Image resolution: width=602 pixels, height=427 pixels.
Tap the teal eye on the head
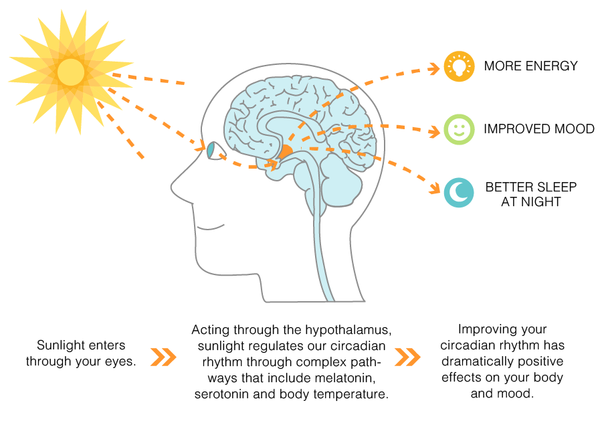(x=212, y=151)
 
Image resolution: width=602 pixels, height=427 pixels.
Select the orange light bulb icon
(x=459, y=66)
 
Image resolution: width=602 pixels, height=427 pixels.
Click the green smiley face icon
(x=459, y=129)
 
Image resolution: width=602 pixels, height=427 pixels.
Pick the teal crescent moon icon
(x=459, y=192)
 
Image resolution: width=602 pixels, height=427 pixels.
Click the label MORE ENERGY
(x=530, y=66)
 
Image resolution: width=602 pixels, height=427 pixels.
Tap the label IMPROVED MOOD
(x=539, y=129)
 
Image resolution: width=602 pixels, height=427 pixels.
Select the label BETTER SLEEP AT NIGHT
(x=530, y=193)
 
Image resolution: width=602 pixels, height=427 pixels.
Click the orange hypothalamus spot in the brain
(x=286, y=151)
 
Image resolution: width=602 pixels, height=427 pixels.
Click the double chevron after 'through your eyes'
(x=163, y=357)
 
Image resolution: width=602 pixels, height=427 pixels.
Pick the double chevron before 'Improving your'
(x=407, y=357)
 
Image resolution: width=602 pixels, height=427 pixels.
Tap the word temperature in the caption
(x=357, y=394)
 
